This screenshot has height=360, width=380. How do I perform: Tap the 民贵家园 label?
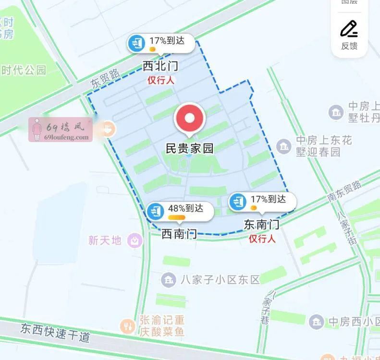pyautogui.click(x=189, y=148)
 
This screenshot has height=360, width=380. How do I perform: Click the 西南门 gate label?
pyautogui.click(x=179, y=234)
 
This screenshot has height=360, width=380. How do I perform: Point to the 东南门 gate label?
pyautogui.click(x=261, y=224)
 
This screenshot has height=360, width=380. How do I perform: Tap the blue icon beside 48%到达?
pyautogui.click(x=155, y=211)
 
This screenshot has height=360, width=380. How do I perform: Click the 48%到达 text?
pyautogui.click(x=185, y=208)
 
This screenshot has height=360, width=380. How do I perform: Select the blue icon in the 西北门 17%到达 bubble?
pyautogui.click(x=137, y=44)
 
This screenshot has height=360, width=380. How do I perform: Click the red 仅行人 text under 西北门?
pyautogui.click(x=160, y=80)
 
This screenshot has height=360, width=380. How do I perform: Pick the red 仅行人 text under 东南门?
pyautogui.click(x=262, y=239)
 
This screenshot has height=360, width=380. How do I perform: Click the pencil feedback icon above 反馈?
pyautogui.click(x=349, y=29)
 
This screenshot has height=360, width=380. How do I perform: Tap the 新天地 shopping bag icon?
pyautogui.click(x=135, y=240)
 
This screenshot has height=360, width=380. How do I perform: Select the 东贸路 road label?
pyautogui.click(x=105, y=77)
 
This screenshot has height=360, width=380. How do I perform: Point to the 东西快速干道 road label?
pyautogui.click(x=55, y=332)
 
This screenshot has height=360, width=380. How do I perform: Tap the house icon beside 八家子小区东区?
pyautogui.click(x=169, y=279)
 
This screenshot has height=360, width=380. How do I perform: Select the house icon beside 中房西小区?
pyautogui.click(x=316, y=321)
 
